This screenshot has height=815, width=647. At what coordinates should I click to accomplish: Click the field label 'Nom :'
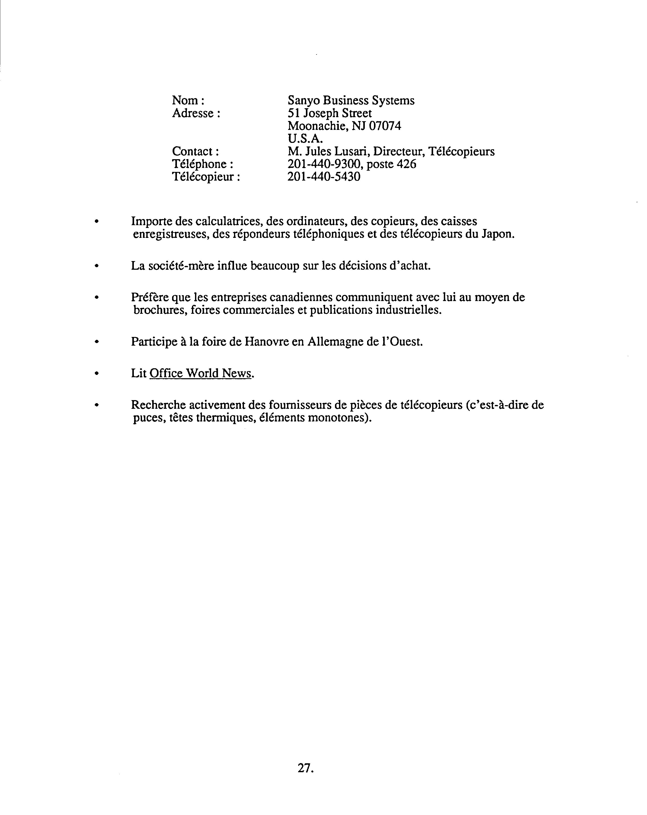[x=188, y=101]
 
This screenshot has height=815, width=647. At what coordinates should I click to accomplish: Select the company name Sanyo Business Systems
[x=351, y=101]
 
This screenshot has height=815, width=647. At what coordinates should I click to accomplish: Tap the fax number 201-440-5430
[x=323, y=176]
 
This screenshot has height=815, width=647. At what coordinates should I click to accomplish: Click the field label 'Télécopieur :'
[x=206, y=176]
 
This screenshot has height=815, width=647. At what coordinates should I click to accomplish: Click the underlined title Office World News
[x=201, y=373]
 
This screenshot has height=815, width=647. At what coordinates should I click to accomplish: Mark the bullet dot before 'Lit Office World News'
[x=97, y=373]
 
